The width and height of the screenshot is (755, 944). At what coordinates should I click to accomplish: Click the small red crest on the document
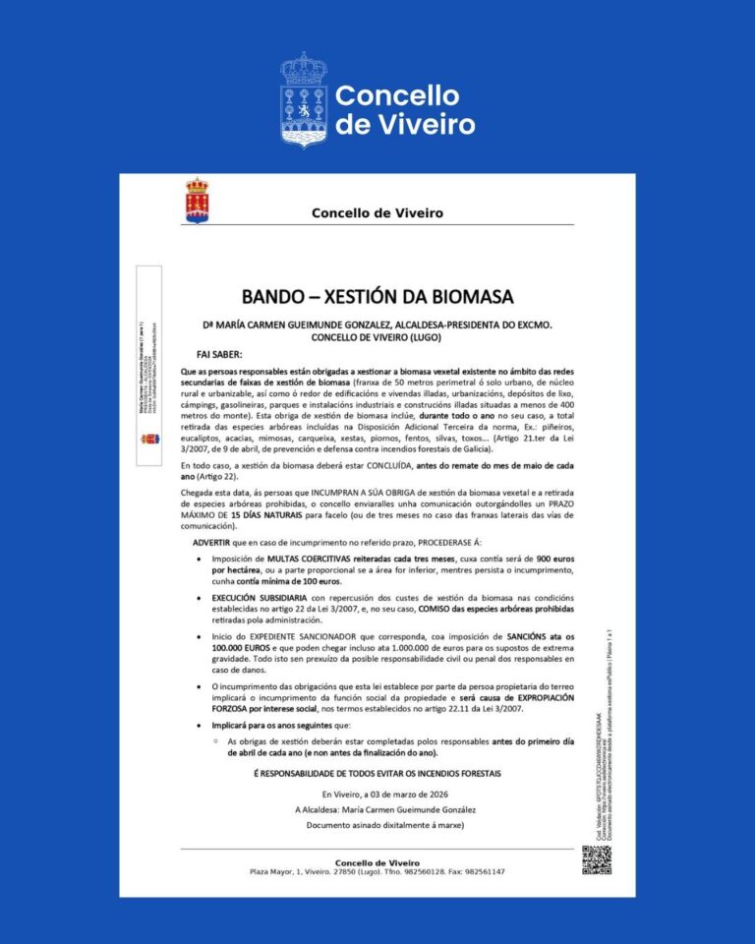[x=197, y=201]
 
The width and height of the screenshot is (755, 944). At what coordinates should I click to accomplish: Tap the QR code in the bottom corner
[x=596, y=858]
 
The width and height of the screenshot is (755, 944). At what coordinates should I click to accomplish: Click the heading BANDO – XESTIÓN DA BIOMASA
[x=377, y=296]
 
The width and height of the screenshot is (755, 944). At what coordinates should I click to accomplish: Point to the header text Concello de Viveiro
[x=377, y=212]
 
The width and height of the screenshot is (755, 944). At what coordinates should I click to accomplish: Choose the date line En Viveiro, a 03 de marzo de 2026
[x=377, y=794]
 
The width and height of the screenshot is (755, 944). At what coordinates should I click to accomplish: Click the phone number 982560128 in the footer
[x=419, y=872]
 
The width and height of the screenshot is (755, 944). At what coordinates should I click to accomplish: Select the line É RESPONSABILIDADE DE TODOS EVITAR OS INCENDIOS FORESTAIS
[x=377, y=775]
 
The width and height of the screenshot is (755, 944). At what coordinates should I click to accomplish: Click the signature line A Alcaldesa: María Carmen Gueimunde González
[x=377, y=809]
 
